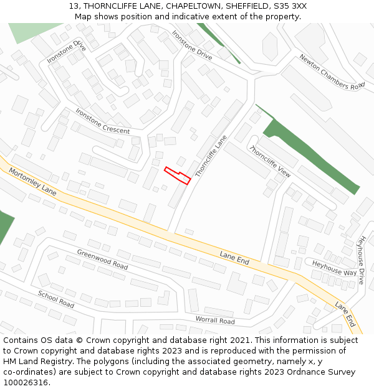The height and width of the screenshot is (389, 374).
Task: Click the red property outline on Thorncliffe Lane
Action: [x=177, y=175]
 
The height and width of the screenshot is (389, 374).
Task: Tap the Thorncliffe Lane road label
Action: [x=211, y=157]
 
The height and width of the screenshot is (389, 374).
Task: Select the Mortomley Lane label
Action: [x=32, y=182]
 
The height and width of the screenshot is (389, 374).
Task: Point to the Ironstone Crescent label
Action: [x=102, y=121]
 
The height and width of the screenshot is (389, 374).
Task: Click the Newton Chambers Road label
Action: [x=332, y=72]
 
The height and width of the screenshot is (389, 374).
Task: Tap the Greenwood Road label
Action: [x=102, y=259]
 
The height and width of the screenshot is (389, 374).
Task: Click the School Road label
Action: [x=55, y=299]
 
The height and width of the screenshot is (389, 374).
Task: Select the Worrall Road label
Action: [x=215, y=321]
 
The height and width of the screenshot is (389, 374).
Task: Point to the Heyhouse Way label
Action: [x=334, y=268]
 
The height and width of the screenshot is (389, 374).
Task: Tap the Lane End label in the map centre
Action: [x=234, y=258]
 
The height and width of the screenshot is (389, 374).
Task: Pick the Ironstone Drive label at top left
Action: [x=66, y=51]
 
